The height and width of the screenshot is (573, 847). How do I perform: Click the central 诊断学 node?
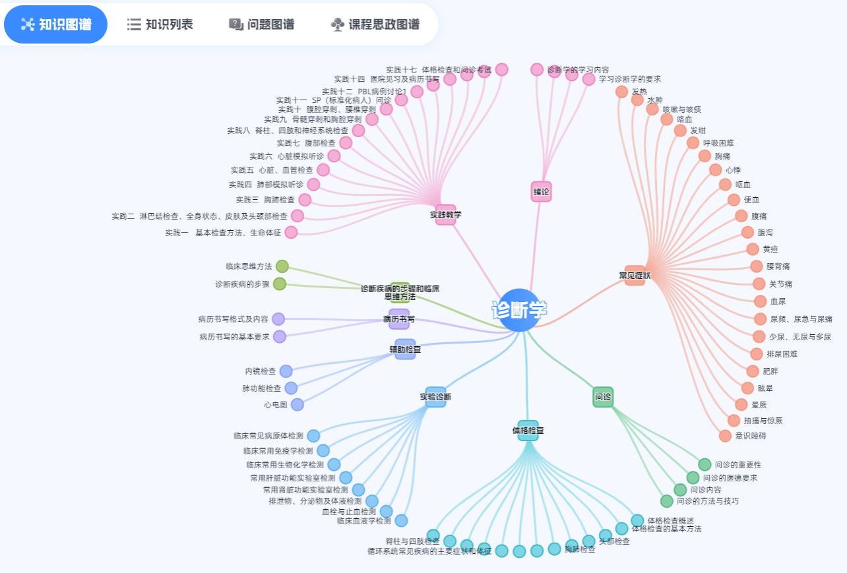click(519, 310)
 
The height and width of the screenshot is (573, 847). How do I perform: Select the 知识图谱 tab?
click(56, 24)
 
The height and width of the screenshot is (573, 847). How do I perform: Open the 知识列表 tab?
click(160, 24)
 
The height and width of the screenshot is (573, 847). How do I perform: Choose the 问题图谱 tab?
click(262, 24)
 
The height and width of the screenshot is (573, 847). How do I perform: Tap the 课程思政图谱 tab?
click(375, 24)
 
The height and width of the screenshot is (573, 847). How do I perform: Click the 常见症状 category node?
click(635, 275)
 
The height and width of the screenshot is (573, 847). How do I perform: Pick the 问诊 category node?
click(603, 397)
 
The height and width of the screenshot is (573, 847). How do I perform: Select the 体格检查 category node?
click(528, 431)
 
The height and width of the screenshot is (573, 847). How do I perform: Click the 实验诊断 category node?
click(435, 397)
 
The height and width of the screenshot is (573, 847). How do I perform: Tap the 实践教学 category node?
click(445, 214)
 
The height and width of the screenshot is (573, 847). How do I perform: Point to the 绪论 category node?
click(541, 192)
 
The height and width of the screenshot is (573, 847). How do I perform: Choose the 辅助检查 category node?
click(405, 349)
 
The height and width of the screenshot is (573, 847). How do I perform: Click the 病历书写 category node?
click(399, 319)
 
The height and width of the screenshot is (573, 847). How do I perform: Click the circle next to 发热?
click(621, 92)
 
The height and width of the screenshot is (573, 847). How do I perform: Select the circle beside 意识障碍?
click(725, 436)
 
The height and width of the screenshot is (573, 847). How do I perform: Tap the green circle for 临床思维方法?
click(282, 266)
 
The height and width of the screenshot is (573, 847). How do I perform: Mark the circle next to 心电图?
click(298, 405)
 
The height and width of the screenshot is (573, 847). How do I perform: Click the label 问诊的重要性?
click(737, 465)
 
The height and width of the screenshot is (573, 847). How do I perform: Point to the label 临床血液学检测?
click(363, 521)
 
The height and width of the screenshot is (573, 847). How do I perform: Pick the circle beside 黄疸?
click(753, 249)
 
